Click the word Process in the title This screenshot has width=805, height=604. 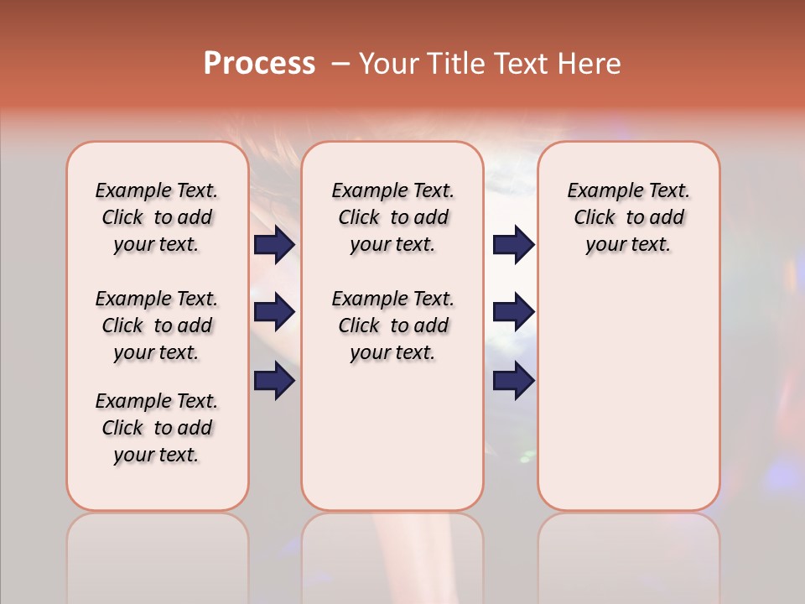259,64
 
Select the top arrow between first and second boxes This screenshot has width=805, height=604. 274,245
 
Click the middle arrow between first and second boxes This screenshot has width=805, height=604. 274,312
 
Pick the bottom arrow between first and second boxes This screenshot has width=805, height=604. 274,381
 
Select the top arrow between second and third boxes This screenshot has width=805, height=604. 513,245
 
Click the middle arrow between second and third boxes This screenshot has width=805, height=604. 513,312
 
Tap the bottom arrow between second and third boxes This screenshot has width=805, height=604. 513,381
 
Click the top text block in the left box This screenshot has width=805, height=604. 157,217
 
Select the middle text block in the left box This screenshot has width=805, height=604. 157,325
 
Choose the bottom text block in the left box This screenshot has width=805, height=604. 157,428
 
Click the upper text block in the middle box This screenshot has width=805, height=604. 392,217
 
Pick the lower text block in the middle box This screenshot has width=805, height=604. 392,325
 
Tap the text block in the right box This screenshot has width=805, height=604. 628,217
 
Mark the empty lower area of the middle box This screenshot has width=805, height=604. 392,436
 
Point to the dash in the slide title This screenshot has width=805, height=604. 340,64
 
